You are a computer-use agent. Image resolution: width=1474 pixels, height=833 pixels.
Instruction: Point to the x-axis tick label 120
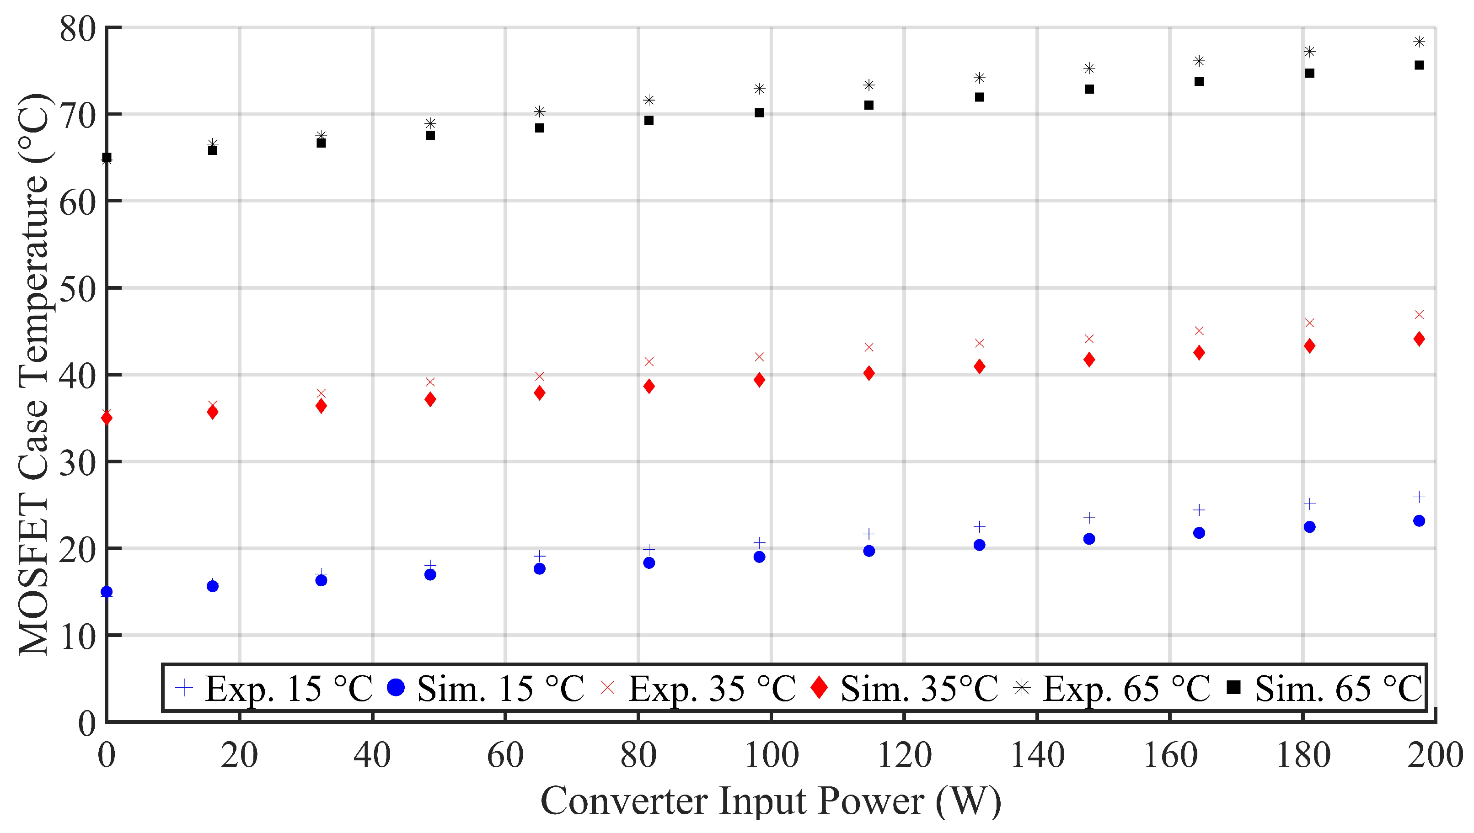pyautogui.click(x=904, y=755)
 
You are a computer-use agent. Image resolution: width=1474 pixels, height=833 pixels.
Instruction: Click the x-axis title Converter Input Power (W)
pyautogui.click(x=771, y=801)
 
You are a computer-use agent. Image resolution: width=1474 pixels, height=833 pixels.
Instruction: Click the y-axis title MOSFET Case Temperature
pyautogui.click(x=34, y=374)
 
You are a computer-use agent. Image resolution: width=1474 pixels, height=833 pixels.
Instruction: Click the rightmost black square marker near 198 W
pyautogui.click(x=1419, y=65)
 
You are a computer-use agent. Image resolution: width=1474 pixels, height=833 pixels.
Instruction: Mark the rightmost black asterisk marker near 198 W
pyautogui.click(x=1419, y=42)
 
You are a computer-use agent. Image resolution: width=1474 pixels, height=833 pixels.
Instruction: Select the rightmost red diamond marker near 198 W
pyautogui.click(x=1419, y=339)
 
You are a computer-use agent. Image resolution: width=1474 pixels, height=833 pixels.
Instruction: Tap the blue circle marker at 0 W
pyautogui.click(x=107, y=592)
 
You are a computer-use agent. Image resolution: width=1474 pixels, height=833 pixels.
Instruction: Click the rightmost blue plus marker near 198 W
pyautogui.click(x=1419, y=497)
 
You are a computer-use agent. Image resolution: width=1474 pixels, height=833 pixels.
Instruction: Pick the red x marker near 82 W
pyautogui.click(x=649, y=361)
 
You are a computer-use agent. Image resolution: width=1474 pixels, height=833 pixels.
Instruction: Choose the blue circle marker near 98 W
pyautogui.click(x=759, y=557)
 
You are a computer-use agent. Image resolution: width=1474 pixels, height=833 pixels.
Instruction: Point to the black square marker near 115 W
pyautogui.click(x=869, y=105)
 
